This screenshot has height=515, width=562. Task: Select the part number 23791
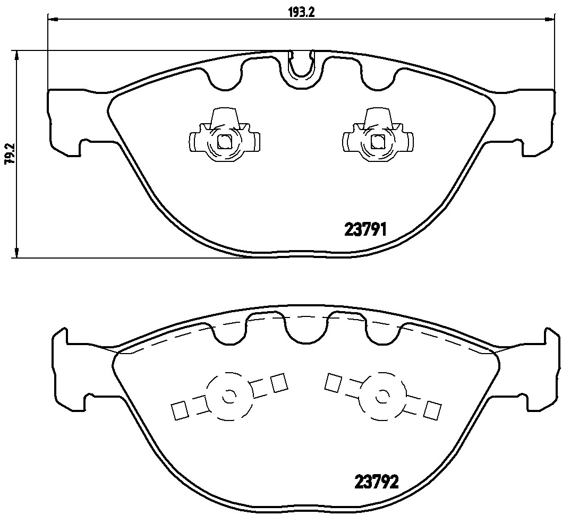tap(368, 229)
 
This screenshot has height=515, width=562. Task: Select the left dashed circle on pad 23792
tap(229, 396)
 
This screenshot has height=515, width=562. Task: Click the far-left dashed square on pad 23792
tap(180, 410)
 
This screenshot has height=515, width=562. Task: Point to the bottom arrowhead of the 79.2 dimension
tap(18, 253)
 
